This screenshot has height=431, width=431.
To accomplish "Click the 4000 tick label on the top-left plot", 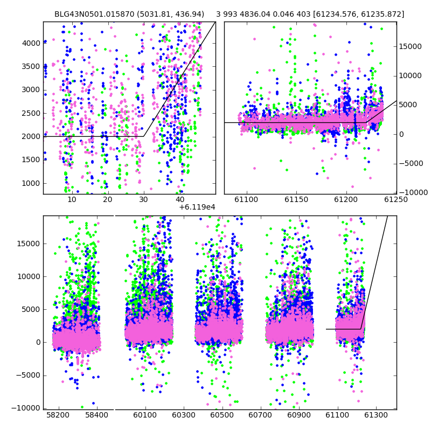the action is [x=31, y=44].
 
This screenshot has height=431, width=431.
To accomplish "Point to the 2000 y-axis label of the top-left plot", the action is [x=31, y=137].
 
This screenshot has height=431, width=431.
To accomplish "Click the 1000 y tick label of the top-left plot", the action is [x=31, y=183].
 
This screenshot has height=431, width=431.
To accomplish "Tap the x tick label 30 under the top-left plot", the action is [x=143, y=199].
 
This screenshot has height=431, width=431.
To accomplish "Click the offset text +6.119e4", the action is [x=197, y=207].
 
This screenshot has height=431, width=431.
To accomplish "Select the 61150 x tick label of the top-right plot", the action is [x=296, y=199].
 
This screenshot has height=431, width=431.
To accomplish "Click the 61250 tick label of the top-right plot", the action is [x=396, y=199].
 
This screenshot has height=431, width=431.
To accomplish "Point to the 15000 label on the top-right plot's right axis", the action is [x=410, y=46].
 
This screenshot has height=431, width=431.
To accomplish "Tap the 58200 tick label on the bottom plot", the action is [x=58, y=415].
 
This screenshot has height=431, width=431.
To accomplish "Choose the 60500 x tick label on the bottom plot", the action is [x=222, y=415].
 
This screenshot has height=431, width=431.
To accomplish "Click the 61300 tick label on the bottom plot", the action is [x=376, y=415].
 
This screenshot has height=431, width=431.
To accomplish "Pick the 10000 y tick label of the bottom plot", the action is [x=29, y=276].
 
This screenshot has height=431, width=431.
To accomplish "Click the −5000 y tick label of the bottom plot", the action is [x=28, y=375].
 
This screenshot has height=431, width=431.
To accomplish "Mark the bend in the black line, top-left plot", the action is [x=143, y=136].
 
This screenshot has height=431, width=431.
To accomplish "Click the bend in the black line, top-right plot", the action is [x=366, y=122].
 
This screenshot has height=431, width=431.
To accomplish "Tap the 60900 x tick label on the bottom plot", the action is [x=299, y=415].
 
